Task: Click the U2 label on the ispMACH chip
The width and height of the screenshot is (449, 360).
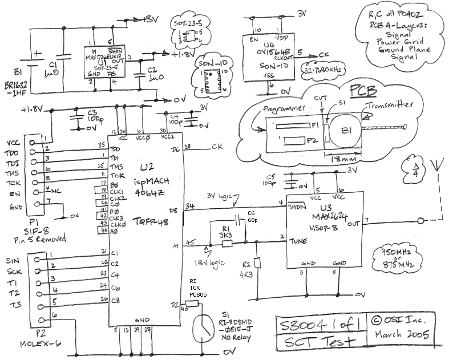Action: click(146, 167)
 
